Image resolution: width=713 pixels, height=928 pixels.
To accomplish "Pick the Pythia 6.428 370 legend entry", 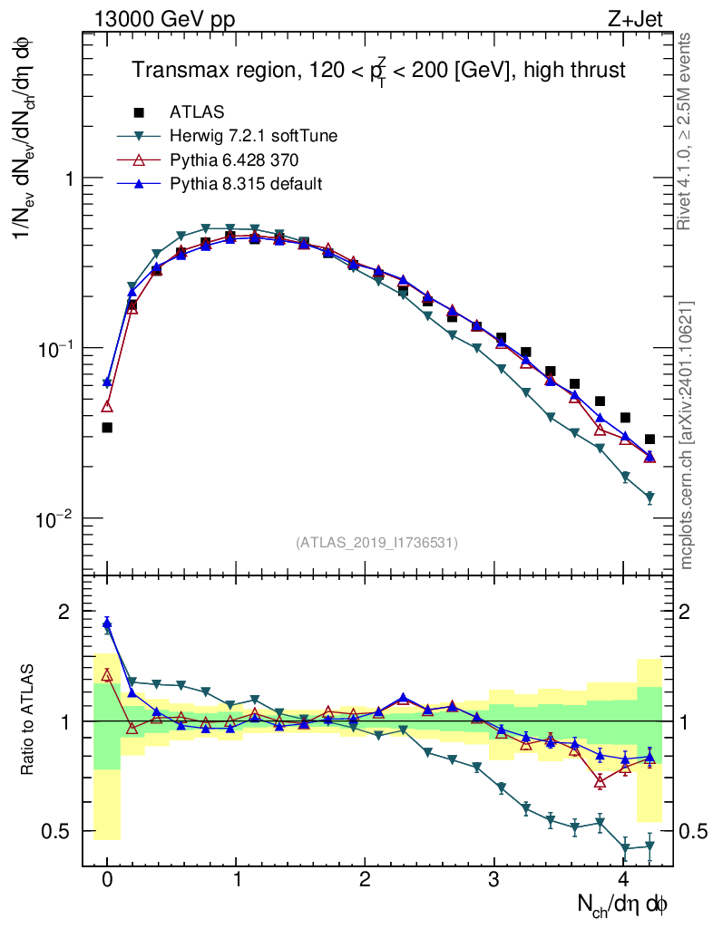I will pyautogui.click(x=234, y=160).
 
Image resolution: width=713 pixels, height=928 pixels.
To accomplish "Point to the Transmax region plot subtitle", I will pyautogui.click(x=379, y=70).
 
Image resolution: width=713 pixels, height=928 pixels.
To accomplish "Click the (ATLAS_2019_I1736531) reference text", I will pyautogui.click(x=376, y=543).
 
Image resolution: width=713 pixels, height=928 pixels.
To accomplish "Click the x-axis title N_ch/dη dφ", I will pyautogui.click(x=623, y=904).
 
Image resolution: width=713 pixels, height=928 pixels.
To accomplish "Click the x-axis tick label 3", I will pyautogui.click(x=494, y=879).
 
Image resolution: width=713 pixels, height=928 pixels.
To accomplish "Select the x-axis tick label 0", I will pyautogui.click(x=107, y=879).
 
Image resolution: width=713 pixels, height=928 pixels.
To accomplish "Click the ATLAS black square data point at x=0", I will pyautogui.click(x=107, y=427).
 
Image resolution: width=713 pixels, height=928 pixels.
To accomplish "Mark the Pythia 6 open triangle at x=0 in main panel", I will pyautogui.click(x=107, y=406).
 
